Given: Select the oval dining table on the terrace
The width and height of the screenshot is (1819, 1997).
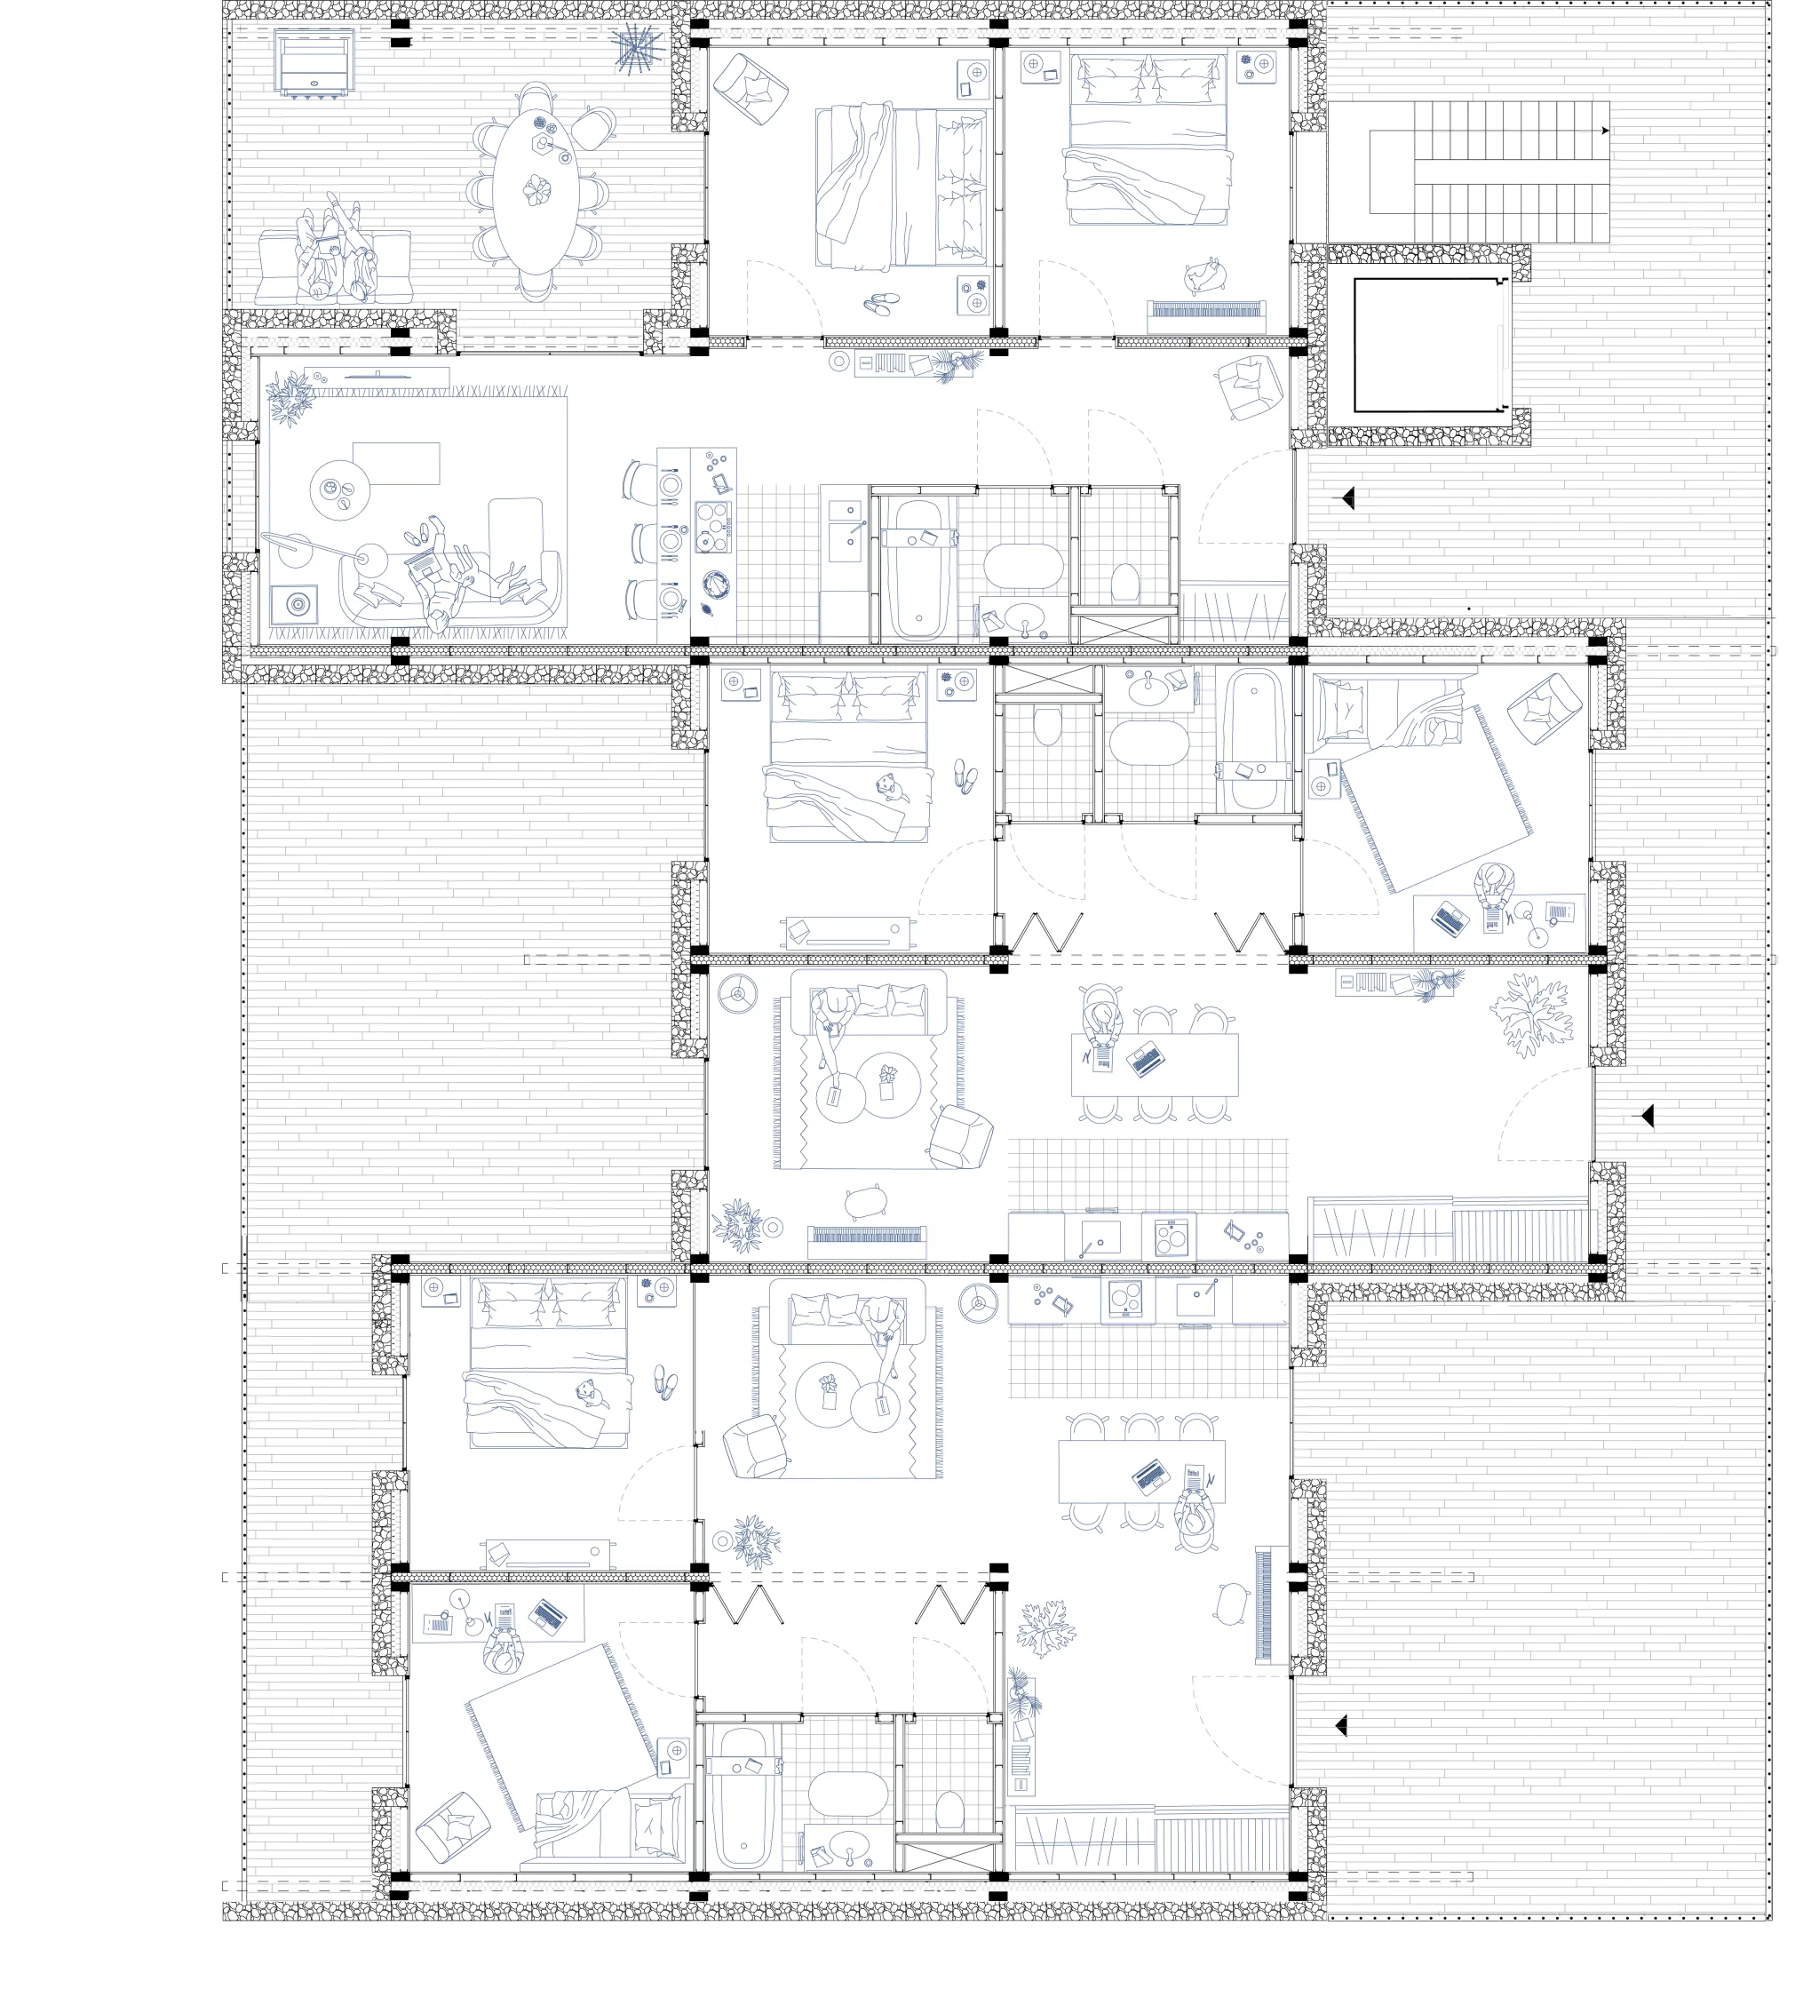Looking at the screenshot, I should [x=536, y=191].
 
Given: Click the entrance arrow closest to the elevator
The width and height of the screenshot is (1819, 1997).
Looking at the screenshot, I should [x=1347, y=498].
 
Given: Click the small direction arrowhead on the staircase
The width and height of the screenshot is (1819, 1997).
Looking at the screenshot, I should [x=1604, y=130].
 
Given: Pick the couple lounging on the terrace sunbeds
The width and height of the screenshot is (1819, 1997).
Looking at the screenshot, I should [x=335, y=255].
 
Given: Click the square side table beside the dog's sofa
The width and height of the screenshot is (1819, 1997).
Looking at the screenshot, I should [x=294, y=602].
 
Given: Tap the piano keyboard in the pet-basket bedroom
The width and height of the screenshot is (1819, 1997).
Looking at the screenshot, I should [x=1206, y=310].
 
